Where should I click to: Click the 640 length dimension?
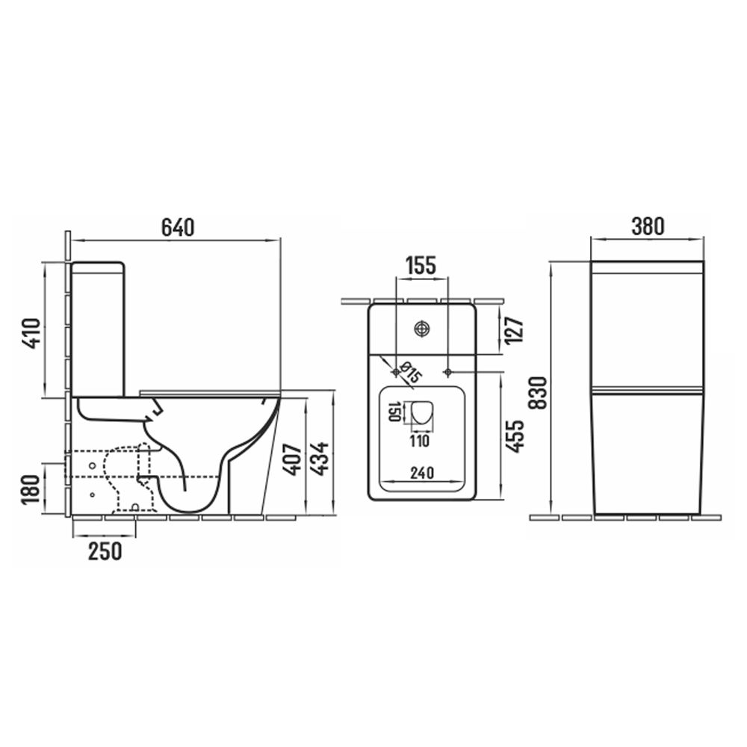click(178, 227)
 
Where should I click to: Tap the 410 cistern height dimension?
click(32, 333)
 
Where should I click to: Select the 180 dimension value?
click(32, 489)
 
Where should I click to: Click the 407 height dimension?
click(291, 459)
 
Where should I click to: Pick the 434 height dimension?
click(319, 459)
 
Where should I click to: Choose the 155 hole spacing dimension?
click(421, 266)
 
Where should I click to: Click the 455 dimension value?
click(515, 436)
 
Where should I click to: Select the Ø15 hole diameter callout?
click(410, 372)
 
